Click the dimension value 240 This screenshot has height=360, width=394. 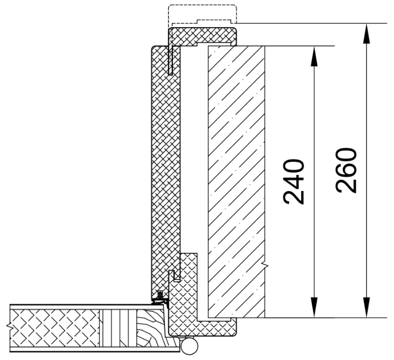[x=293, y=181]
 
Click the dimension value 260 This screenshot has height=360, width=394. [x=346, y=171]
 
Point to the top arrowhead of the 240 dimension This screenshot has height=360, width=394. [x=314, y=56]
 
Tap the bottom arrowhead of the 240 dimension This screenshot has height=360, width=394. [x=314, y=307]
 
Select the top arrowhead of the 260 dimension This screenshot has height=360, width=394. [x=366, y=33]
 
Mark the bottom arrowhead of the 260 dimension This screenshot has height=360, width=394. [x=366, y=307]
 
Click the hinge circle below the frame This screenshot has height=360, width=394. [x=189, y=346]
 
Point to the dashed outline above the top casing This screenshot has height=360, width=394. [x=202, y=14]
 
